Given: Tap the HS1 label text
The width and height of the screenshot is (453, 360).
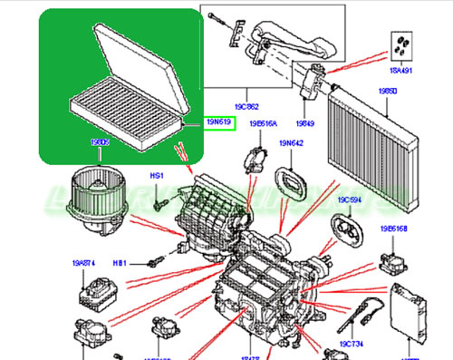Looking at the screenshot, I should tap(156, 174).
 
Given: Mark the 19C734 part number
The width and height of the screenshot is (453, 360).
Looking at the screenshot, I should tap(351, 345).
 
